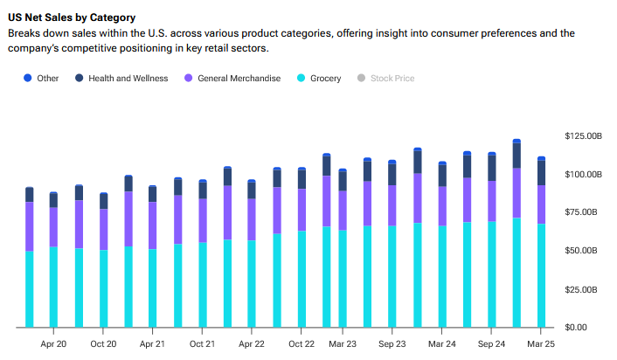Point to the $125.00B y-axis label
tap(583, 136)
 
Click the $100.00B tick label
tap(583, 175)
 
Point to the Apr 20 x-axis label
tap(53, 344)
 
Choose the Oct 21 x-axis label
tap(202, 344)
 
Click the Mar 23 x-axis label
tap(343, 344)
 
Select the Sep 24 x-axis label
tap(491, 344)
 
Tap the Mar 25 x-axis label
tap(541, 344)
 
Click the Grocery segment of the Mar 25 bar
tap(541, 275)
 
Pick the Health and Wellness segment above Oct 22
tap(302, 178)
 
